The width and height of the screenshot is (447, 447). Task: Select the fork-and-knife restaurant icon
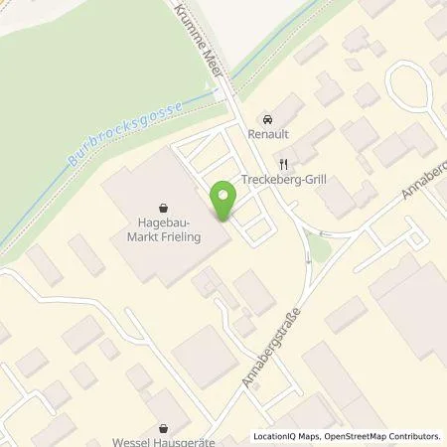coord(284,164)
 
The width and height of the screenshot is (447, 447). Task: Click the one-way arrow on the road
coord(308,259)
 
